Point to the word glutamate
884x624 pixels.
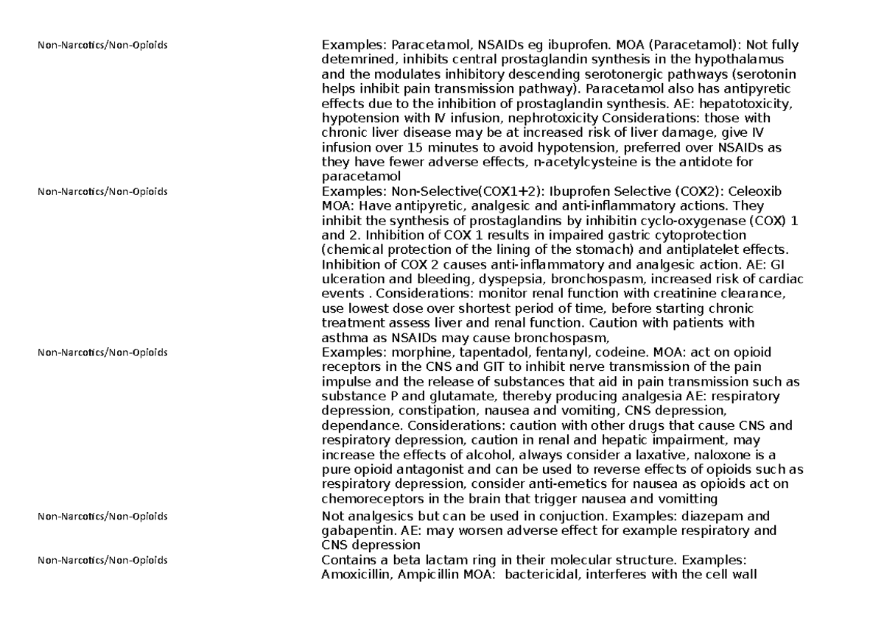tap(424, 397)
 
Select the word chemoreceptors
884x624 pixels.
tap(368, 500)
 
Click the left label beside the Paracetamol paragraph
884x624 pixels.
tap(102, 46)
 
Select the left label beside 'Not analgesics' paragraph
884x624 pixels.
tap(102, 516)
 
